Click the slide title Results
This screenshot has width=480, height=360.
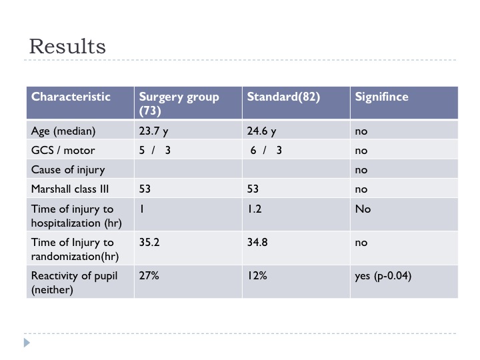(67, 47)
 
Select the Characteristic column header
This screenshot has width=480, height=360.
(71, 97)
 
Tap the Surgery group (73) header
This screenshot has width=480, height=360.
(179, 103)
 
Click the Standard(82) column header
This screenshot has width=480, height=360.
(283, 97)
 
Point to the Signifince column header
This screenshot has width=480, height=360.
(381, 97)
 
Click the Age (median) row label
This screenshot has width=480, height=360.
(63, 131)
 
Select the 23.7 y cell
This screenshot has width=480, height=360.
(153, 131)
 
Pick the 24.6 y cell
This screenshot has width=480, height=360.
(261, 131)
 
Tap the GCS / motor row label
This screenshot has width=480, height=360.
(63, 150)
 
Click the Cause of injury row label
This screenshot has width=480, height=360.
(68, 170)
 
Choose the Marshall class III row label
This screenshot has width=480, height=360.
(70, 189)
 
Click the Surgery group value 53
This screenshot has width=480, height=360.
(145, 189)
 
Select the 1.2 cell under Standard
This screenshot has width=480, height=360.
(255, 209)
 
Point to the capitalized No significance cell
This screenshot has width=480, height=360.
(363, 209)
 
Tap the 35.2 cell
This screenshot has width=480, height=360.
(149, 242)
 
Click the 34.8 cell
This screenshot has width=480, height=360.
(257, 242)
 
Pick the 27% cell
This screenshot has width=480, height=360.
(149, 275)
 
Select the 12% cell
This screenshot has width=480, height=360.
(257, 275)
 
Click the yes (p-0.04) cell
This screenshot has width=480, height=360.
(383, 276)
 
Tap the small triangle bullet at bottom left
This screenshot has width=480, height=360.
(27, 343)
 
